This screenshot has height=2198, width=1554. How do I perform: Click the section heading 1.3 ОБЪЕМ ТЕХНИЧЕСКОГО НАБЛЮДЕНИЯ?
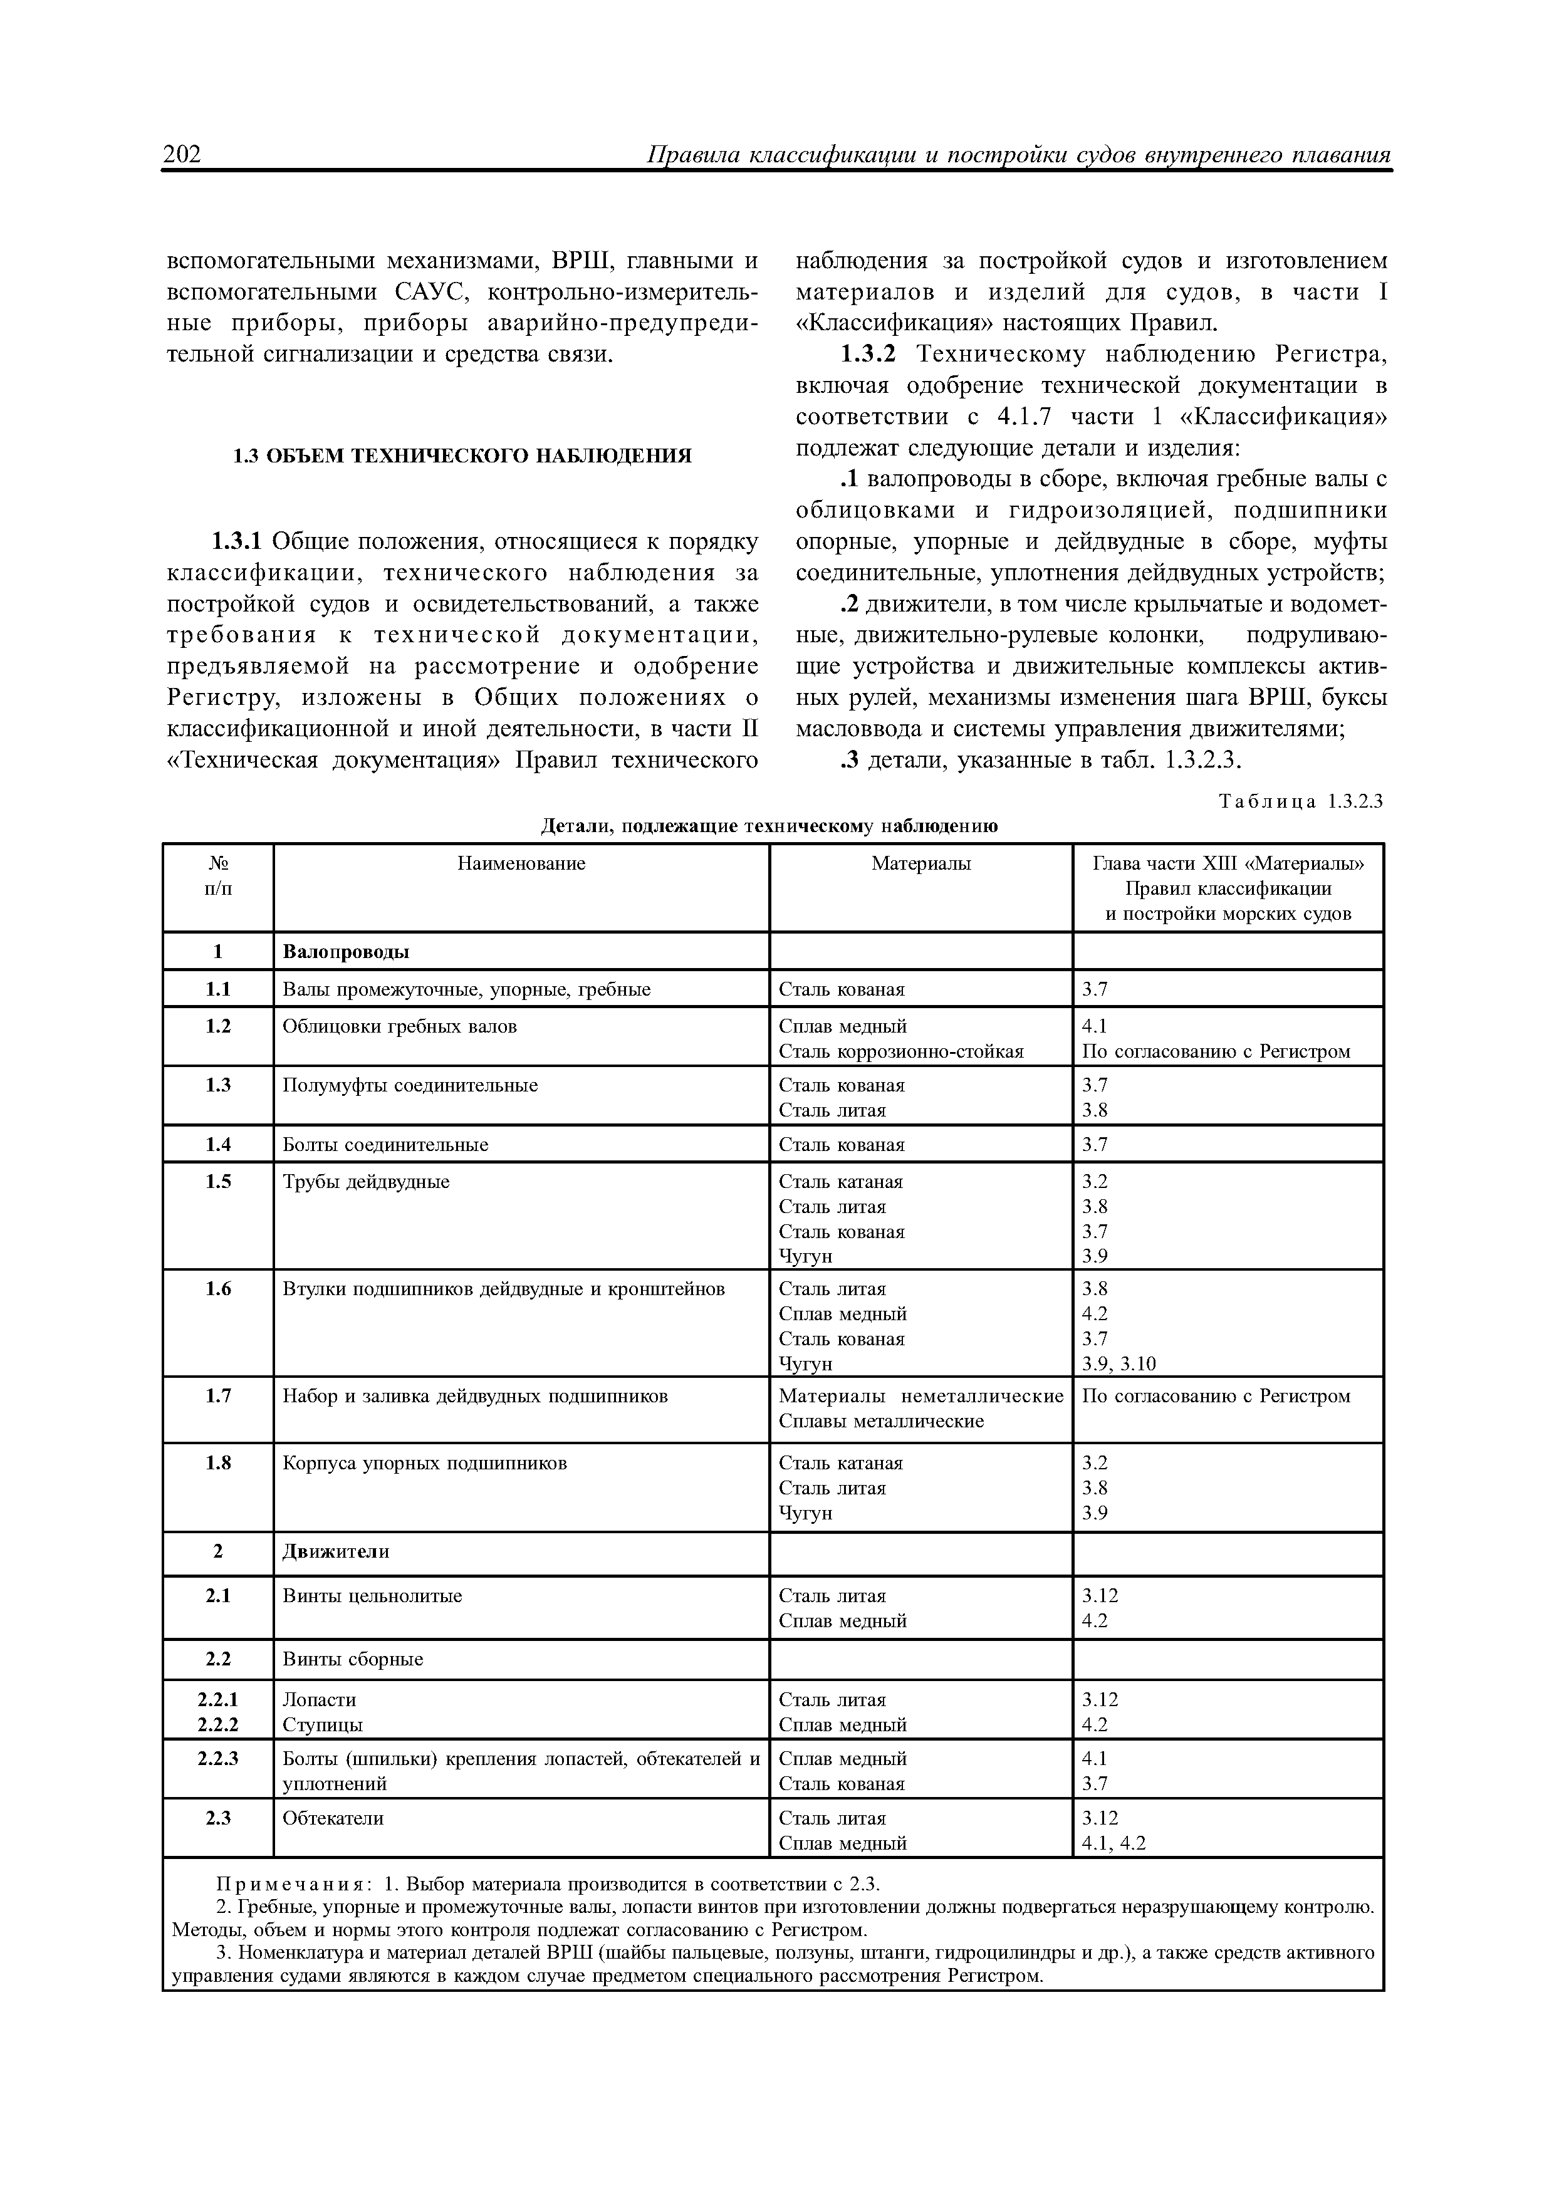462,456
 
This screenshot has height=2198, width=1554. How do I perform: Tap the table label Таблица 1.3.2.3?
1301,801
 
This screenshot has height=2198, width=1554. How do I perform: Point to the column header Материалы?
920,863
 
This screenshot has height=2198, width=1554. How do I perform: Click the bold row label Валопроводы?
346,952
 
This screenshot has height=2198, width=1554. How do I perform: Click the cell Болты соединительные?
385,1145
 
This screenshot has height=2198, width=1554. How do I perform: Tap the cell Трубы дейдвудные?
366,1182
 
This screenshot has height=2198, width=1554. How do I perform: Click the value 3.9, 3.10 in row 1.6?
1119,1363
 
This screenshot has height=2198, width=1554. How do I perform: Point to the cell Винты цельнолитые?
372,1596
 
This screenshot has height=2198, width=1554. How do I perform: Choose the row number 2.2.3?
218,1759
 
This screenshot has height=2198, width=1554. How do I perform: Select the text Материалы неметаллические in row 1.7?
920,1396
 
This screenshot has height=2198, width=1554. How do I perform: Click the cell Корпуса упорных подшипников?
424,1463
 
